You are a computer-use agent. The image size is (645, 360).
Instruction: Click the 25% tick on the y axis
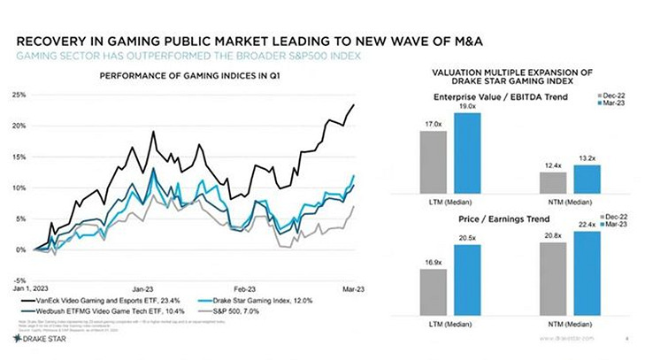18,94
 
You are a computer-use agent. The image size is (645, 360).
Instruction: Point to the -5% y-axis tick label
19,281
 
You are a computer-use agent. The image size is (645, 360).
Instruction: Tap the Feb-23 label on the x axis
245,289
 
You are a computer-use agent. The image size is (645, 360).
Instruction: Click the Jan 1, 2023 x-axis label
33,289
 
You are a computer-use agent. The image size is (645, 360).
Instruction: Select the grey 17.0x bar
434,161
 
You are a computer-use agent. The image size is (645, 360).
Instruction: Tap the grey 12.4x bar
553,181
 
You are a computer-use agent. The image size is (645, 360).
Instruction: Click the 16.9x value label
434,262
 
